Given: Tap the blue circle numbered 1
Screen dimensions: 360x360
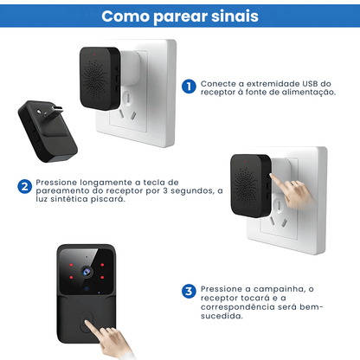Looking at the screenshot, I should (189, 86).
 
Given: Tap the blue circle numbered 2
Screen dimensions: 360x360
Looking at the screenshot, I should (26, 185).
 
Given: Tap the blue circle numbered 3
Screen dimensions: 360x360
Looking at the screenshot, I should (189, 291).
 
